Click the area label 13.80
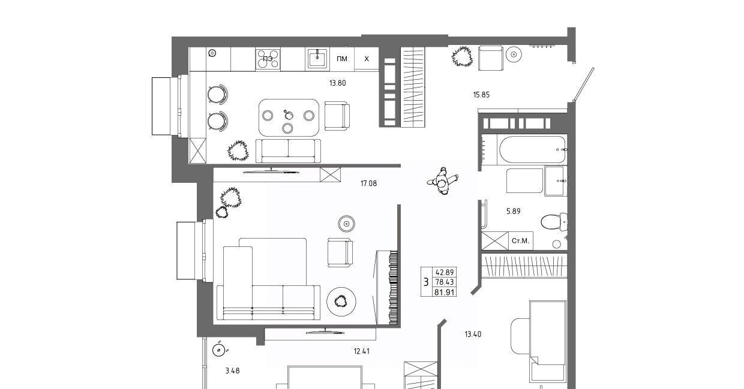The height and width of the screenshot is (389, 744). [337, 83]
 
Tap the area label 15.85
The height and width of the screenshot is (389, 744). [481, 95]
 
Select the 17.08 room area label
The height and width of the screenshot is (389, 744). [368, 183]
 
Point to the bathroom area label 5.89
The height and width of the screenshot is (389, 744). [513, 211]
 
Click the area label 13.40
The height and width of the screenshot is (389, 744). [473, 334]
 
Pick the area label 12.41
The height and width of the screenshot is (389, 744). [362, 351]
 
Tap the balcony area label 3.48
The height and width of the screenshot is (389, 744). [233, 371]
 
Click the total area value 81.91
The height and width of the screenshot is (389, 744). [445, 292]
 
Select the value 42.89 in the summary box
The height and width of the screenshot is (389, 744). [445, 273]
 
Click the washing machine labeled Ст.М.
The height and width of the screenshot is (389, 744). [520, 240]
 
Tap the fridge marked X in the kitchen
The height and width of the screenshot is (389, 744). [367, 59]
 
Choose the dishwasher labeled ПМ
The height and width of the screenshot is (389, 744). [342, 59]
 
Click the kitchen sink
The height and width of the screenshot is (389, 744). [317, 59]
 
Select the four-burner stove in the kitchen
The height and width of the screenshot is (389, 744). [268, 59]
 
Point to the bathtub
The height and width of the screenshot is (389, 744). [532, 149]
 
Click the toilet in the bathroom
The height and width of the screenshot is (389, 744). [554, 222]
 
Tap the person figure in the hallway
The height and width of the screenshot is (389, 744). [443, 181]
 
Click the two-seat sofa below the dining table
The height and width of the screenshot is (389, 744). [288, 151]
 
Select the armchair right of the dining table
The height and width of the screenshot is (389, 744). [337, 116]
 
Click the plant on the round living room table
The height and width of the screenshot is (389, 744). [341, 301]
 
